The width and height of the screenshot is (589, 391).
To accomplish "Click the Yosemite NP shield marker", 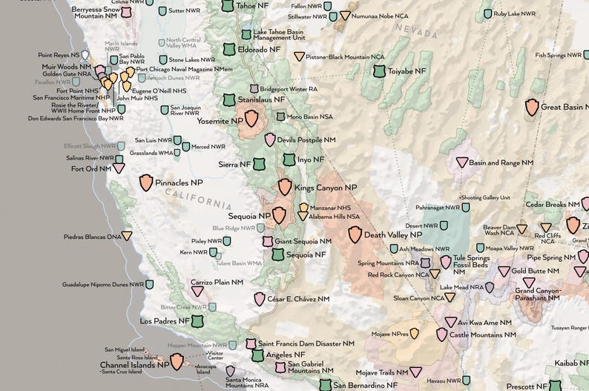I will [252, 119].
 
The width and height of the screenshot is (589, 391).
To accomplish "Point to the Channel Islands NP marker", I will [177, 361].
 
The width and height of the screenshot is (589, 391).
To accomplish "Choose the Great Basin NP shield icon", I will [532, 107].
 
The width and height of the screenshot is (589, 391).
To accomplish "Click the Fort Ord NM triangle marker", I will [119, 168].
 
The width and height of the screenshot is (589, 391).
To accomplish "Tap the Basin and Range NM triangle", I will [461, 162].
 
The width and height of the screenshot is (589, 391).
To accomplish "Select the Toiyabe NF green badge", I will [380, 71].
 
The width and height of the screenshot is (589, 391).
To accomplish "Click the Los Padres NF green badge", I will [197, 321].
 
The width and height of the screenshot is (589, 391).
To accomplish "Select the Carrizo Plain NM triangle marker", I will [197, 291].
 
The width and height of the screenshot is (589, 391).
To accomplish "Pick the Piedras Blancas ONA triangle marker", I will [128, 236].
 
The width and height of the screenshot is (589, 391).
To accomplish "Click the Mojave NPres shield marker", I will [415, 334].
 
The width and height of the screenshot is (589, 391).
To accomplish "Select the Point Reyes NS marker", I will [85, 55].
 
